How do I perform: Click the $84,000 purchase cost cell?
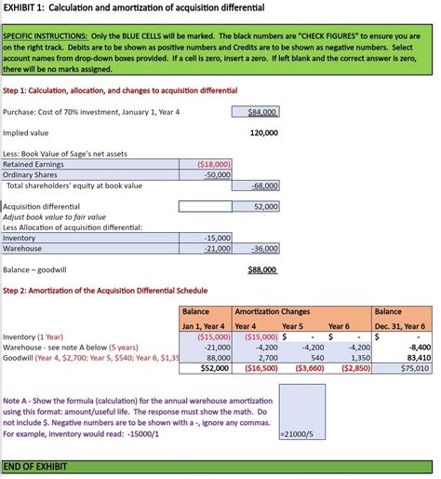coord(262,112)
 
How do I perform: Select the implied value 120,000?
coord(263,133)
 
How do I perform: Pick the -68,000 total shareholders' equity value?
coord(264,185)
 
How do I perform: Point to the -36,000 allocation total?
coord(264,249)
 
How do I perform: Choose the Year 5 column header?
coord(292,326)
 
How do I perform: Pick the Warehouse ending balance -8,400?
coord(418,347)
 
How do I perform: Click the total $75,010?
coord(414,368)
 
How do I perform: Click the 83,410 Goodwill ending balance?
coord(418,357)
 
